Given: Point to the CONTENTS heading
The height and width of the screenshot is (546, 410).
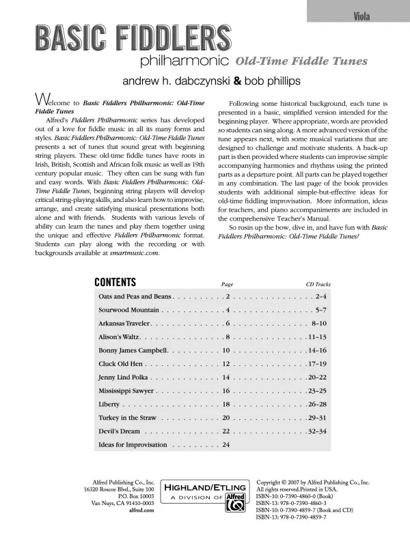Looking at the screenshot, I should click(x=115, y=283).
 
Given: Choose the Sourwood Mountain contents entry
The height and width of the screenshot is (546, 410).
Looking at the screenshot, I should click(x=128, y=311).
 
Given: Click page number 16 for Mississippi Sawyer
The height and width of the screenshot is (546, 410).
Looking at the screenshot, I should click(x=226, y=391).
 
